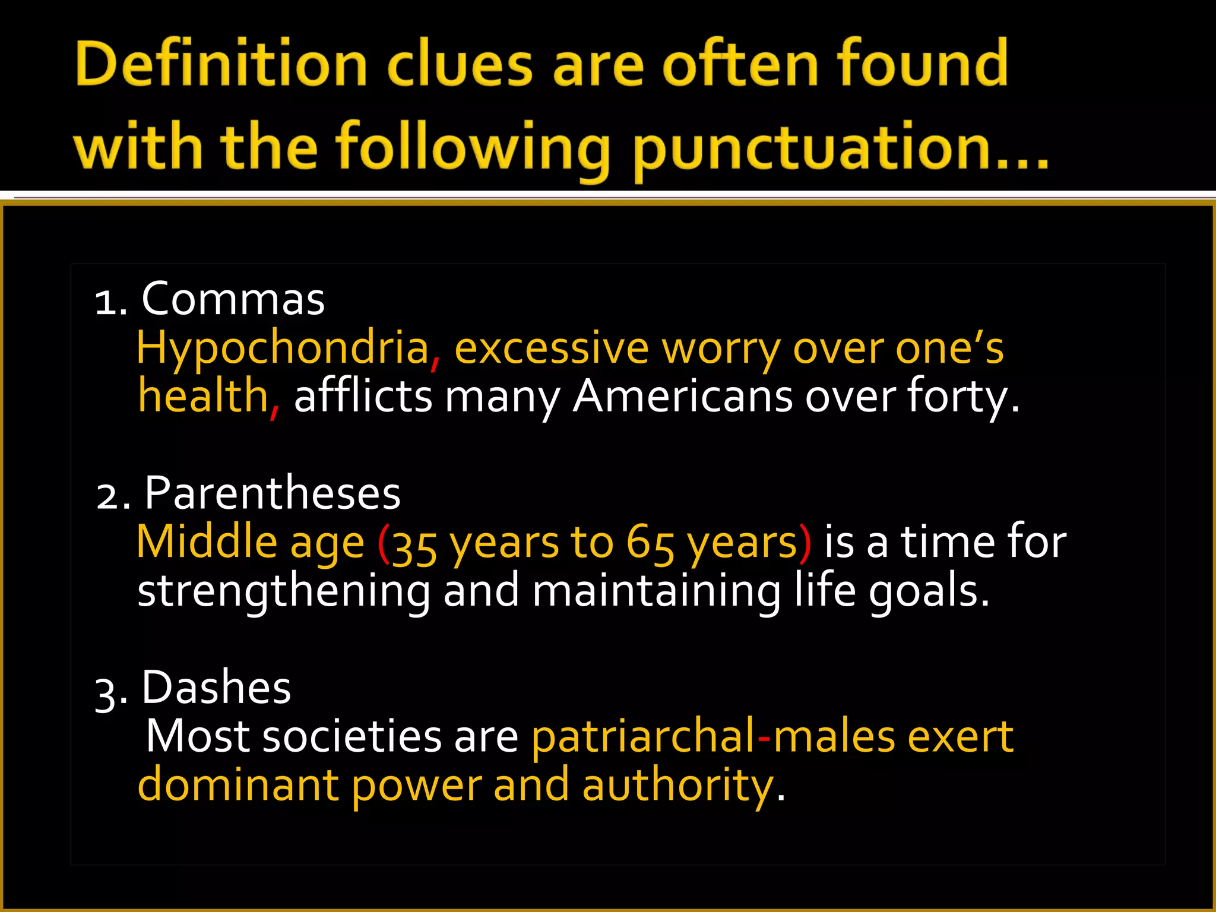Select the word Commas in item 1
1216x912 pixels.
click(x=233, y=299)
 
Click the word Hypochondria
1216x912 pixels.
click(x=283, y=348)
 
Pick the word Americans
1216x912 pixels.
click(x=683, y=397)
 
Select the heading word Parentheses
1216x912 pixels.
click(x=273, y=493)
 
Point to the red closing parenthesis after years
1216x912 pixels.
click(x=805, y=543)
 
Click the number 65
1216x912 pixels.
click(x=651, y=543)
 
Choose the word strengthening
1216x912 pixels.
click(x=284, y=591)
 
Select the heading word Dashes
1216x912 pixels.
click(x=216, y=688)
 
